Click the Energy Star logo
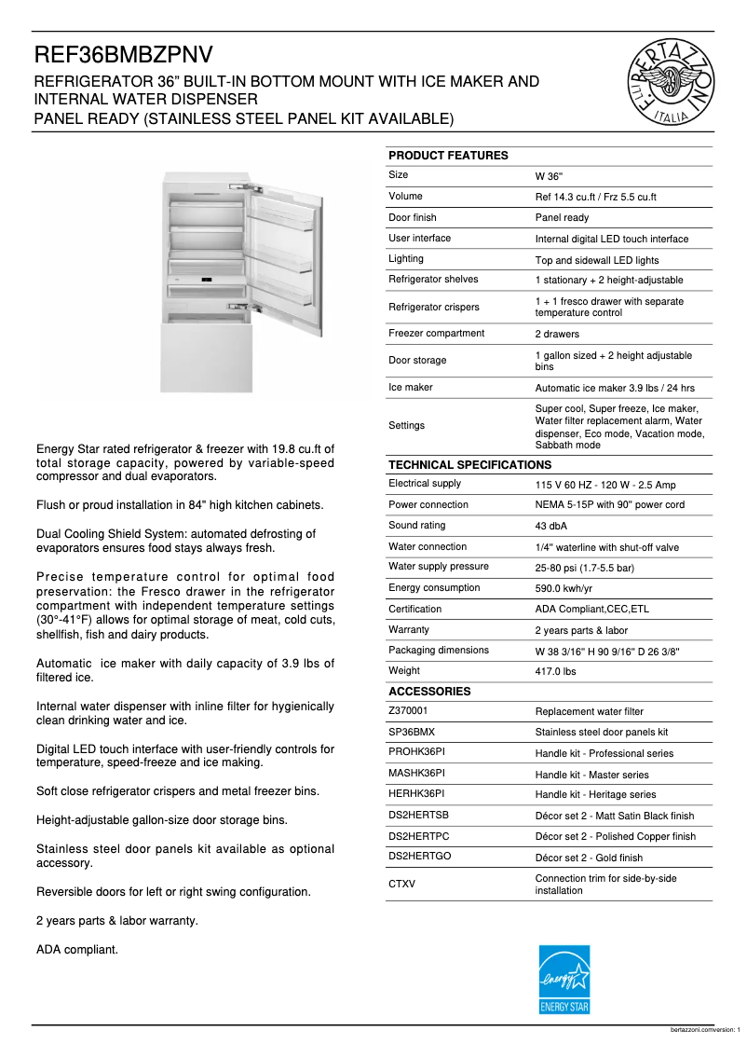click(564, 979)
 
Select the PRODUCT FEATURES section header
click(448, 156)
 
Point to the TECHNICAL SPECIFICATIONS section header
click(469, 464)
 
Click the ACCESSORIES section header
click(429, 692)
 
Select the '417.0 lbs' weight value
click(555, 671)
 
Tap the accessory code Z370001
click(408, 711)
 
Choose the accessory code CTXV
click(401, 884)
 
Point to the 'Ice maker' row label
click(410, 388)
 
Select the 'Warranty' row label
click(409, 630)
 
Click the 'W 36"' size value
click(549, 176)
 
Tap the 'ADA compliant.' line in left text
click(77, 950)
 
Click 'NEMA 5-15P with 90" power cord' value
click(609, 505)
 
